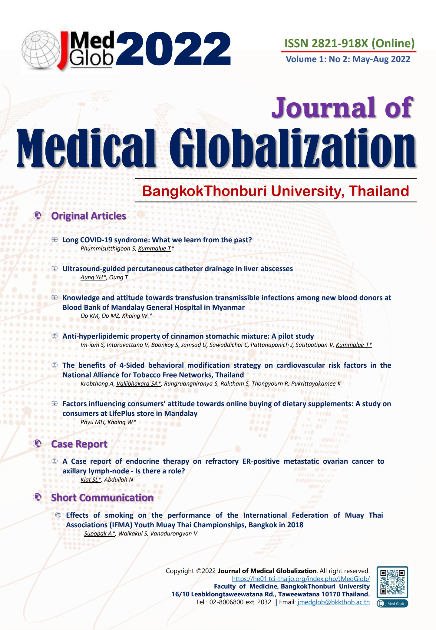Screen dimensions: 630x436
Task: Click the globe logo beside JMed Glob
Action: coord(41,50)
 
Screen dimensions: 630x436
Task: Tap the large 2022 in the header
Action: coord(173,49)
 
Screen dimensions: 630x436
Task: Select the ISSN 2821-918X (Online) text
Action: coord(349,43)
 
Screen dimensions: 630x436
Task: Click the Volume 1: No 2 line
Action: coord(348,59)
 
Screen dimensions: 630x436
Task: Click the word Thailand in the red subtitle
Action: coord(379,191)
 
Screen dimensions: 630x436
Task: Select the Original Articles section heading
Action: coord(88,216)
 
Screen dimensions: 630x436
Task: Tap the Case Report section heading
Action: coord(79,444)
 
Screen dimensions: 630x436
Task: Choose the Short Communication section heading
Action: coord(102,498)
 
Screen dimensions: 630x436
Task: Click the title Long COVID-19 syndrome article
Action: coord(157,240)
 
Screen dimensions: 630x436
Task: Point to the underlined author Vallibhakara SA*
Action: coord(139,384)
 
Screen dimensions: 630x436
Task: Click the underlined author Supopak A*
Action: coord(100,533)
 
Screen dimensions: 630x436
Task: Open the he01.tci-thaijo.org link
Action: coord(301,579)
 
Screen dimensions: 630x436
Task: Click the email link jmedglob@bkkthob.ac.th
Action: coord(333,602)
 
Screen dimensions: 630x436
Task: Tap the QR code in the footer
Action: coord(392,582)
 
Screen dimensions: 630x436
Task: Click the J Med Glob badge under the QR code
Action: coord(392,603)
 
